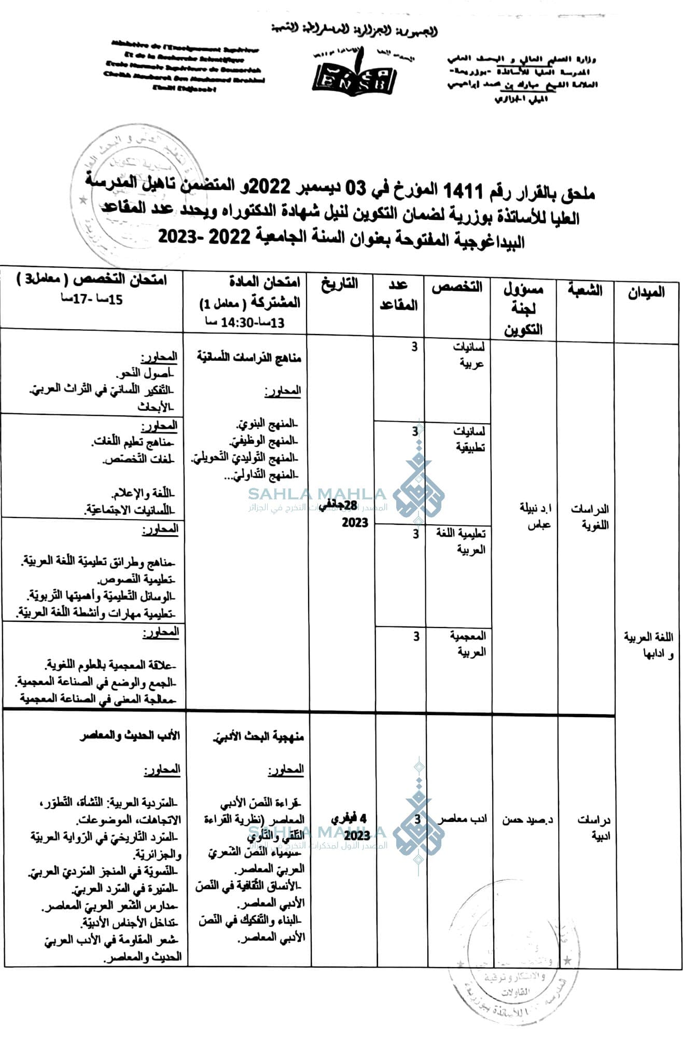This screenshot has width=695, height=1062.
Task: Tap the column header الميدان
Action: pos(646,292)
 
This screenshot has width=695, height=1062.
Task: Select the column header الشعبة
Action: pos(585,290)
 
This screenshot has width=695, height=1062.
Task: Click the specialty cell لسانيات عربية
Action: pos(469,355)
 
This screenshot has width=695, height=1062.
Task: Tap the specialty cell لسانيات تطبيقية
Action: pos(470,439)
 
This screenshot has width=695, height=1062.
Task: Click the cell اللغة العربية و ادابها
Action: pos(648,645)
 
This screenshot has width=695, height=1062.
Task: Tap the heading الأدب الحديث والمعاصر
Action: pos(130,735)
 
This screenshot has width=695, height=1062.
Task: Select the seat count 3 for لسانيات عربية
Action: pos(414,347)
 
